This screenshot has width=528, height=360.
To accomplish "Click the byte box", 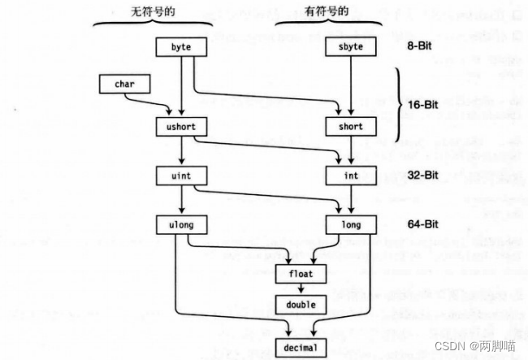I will (x=181, y=47).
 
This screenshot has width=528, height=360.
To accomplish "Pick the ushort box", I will (x=181, y=127).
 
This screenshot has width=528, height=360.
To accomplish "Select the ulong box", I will (x=181, y=222).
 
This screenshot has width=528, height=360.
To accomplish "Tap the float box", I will (x=300, y=273).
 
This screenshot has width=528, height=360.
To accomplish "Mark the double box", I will (x=300, y=305).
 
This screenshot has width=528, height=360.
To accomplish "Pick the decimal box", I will (x=300, y=347).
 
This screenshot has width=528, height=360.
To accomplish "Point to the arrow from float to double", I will (x=300, y=288).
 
